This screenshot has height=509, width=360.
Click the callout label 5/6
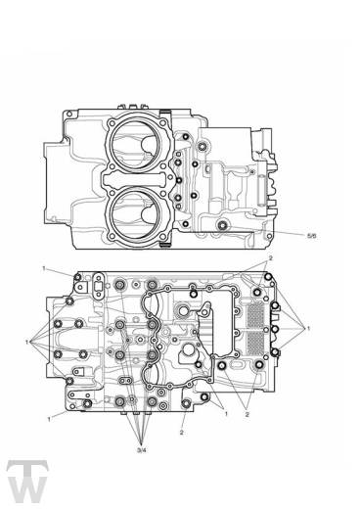(x=311, y=236)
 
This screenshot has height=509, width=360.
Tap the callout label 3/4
(x=142, y=450)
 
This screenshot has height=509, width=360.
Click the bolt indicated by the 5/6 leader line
(x=223, y=224)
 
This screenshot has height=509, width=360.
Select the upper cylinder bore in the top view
(x=137, y=145)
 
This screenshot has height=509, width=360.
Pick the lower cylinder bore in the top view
(x=137, y=212)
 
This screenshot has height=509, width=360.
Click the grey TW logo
(x=27, y=482)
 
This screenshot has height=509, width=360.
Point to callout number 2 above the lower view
(x=270, y=257)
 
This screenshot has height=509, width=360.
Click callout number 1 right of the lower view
(x=308, y=329)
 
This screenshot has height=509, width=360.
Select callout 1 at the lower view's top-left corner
(x=44, y=268)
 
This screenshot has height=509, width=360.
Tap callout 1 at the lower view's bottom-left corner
(x=50, y=419)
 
